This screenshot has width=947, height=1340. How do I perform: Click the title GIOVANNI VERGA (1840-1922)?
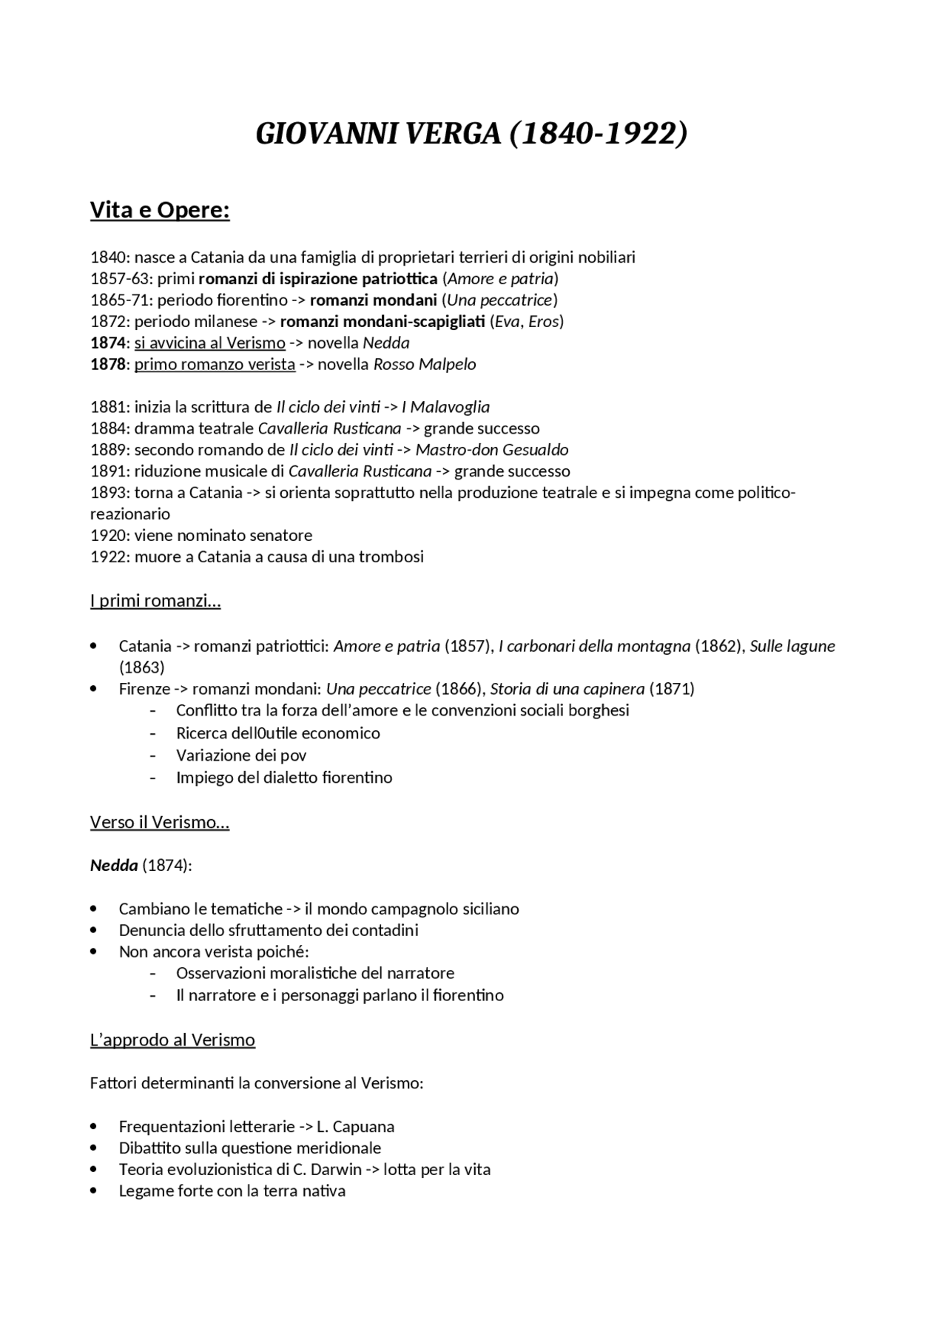471,134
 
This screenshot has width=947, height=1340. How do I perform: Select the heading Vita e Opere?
160,211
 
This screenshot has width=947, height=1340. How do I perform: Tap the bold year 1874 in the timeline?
107,343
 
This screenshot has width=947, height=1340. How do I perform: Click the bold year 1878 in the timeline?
107,364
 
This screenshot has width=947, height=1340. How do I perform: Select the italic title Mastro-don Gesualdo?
492,450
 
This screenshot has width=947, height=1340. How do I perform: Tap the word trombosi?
391,556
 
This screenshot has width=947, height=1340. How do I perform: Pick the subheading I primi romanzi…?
155,600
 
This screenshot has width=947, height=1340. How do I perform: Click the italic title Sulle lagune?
792,646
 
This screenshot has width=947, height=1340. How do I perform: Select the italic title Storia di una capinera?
567,689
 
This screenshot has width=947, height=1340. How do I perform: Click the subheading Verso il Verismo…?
160,822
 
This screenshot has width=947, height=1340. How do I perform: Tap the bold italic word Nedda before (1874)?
114,865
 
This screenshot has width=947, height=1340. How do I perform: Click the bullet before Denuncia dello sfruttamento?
93,930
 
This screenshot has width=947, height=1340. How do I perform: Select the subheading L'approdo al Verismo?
172,1040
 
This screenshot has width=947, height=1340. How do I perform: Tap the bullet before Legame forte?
93,1191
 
